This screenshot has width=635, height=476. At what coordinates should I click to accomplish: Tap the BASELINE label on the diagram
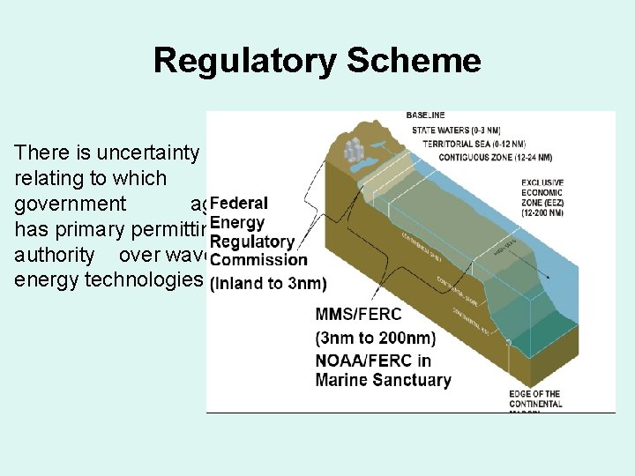pyautogui.click(x=425, y=115)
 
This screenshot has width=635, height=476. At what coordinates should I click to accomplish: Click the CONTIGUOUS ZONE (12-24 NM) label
pyautogui.click(x=496, y=158)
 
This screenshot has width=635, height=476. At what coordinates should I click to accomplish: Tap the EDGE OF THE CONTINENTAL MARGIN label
pyautogui.click(x=535, y=398)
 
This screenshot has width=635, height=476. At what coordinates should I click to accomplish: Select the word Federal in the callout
pyautogui.click(x=239, y=204)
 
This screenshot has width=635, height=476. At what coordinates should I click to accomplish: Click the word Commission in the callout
pyautogui.click(x=259, y=260)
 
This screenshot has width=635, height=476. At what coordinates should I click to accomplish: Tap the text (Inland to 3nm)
pyautogui.click(x=268, y=282)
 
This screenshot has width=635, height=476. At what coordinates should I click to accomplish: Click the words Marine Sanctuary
pyautogui.click(x=383, y=380)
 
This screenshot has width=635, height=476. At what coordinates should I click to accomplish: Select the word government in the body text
pyautogui.click(x=71, y=204)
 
